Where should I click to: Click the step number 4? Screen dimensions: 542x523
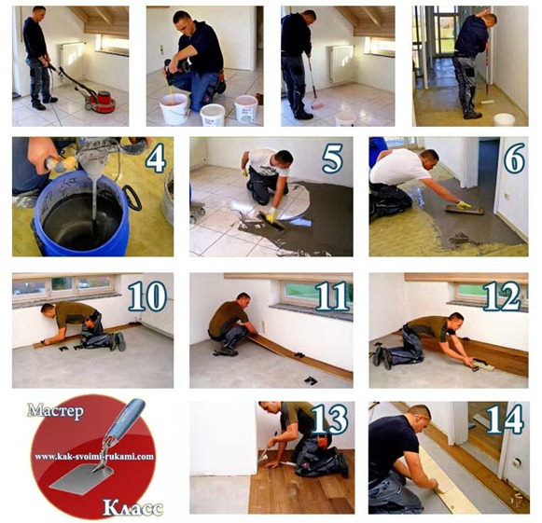click(x=156, y=159)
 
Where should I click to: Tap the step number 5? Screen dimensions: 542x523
click(x=332, y=159)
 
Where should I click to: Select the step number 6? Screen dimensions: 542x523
click(x=514, y=159)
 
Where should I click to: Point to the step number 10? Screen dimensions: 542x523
click(x=147, y=296)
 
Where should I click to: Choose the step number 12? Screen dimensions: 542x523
click(x=503, y=296)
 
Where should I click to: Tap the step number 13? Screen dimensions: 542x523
click(x=329, y=420)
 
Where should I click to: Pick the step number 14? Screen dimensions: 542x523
click(x=505, y=420)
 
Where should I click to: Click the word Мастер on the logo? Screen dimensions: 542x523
click(x=55, y=410)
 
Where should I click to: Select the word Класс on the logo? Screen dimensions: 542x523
click(x=132, y=508)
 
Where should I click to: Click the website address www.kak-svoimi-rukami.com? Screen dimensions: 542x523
click(x=94, y=457)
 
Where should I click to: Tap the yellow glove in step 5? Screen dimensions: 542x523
click(x=271, y=213)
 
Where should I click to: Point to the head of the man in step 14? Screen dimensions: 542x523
click(x=419, y=418)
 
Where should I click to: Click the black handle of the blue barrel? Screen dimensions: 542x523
click(x=133, y=199)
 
